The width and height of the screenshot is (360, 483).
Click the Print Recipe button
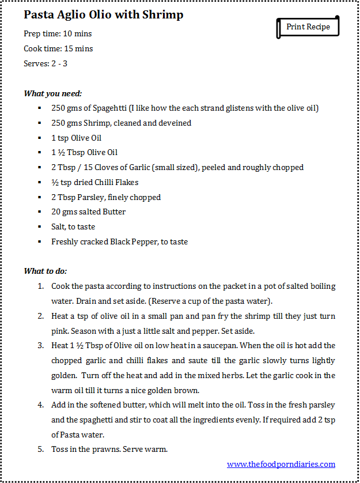pos(308,27)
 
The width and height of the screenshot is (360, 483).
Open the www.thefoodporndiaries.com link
pos(281,464)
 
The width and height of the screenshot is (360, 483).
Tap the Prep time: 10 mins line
pos(58,33)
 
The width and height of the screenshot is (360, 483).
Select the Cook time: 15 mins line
pos(58,48)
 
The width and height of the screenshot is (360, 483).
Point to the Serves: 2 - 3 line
pos(46,63)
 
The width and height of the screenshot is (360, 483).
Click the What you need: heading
pos(53,93)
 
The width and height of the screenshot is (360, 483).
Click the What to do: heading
pos(46,271)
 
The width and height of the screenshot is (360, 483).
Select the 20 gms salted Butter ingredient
pos(88,212)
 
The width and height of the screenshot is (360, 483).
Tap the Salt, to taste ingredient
pos(73,227)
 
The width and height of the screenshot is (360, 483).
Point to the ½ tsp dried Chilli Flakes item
pos(94,182)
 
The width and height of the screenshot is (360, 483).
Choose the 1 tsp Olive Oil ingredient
pos(77,138)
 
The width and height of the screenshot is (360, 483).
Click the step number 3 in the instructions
pos(40,345)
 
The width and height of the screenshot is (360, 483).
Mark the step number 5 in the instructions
pos(40,449)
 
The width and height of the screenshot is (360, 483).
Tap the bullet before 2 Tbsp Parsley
pos(39,197)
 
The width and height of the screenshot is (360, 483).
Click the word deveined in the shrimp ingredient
pos(174,123)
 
